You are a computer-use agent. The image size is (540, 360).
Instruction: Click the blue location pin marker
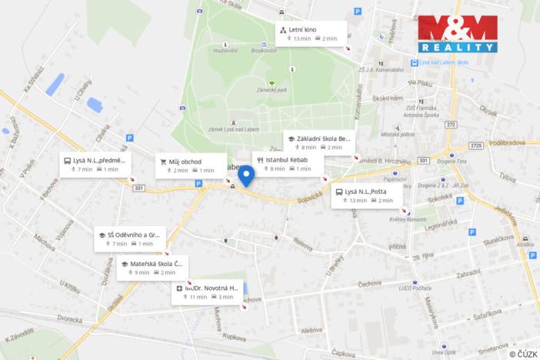coord(246,176)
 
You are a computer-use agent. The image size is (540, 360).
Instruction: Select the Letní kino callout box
coord(312,33)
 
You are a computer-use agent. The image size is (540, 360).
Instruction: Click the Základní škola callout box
coord(316,142)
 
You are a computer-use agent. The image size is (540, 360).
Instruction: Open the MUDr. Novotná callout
coord(206,292)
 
